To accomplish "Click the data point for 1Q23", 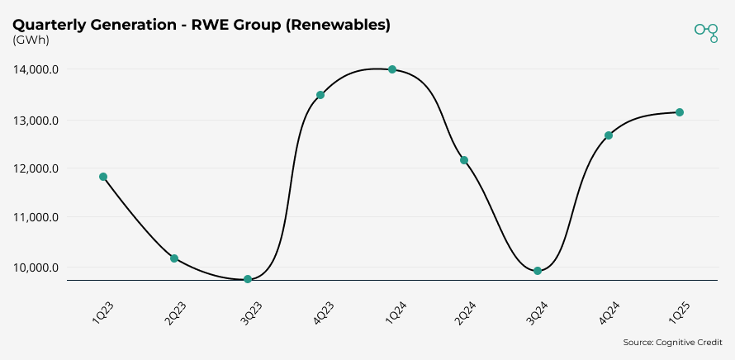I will pos(103,177).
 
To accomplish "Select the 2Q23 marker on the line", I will pos(174,258).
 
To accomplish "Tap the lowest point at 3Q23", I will pos(248,279).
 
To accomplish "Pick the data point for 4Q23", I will pos(320,95).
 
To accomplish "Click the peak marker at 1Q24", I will pos(392,69).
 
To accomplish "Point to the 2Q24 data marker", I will pos(464,160).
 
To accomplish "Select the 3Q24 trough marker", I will pos(538,271).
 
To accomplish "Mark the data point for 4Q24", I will pos(609,135).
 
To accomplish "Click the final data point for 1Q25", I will pos(680,112).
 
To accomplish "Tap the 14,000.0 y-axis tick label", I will pos(35,70).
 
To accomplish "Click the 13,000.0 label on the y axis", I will pos(35,121).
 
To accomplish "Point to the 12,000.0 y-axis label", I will pos(35,168).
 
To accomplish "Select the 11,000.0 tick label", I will pos(35,218).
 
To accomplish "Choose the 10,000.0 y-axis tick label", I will pos(35,268).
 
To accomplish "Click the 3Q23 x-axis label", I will pos(251,311).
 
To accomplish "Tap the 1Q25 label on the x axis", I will pos(683,311).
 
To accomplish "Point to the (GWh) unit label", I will pos(31,40).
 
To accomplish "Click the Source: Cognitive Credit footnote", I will pos(672,343).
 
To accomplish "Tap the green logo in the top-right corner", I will pos(706,31).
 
